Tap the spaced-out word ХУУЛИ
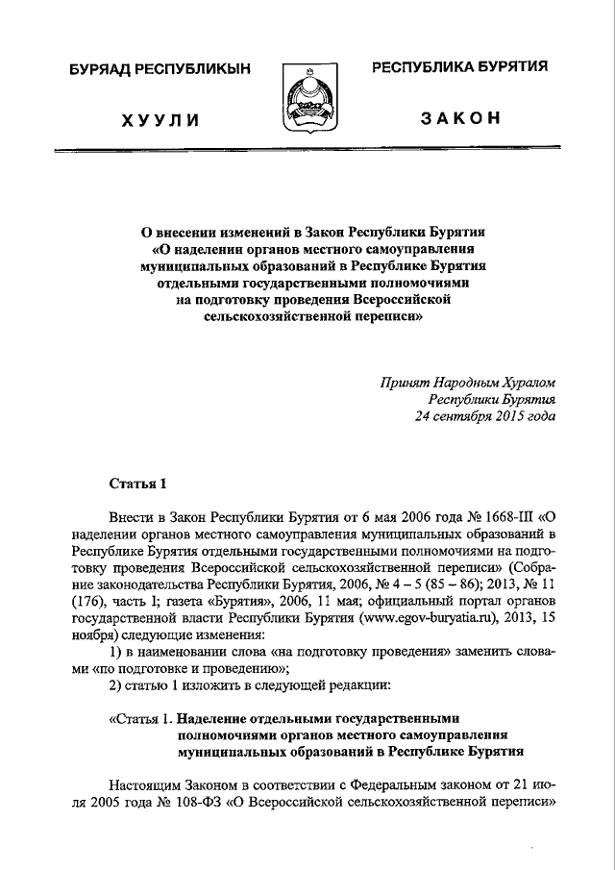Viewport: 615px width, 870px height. tap(160, 119)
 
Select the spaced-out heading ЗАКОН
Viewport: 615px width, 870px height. tap(461, 118)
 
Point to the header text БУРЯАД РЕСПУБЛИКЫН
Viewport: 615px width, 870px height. tap(160, 69)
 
